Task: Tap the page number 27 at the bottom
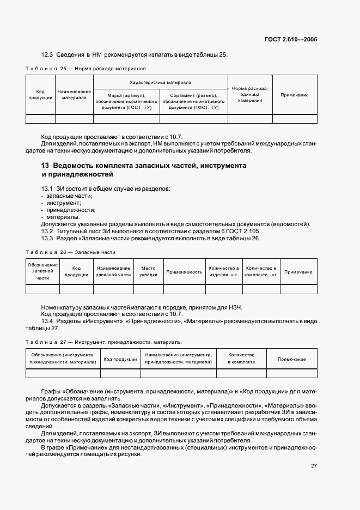[314, 466]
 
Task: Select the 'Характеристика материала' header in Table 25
[161, 82]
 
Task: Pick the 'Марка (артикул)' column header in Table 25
[126, 101]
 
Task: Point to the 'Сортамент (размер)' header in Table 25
[193, 101]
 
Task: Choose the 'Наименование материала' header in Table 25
[74, 95]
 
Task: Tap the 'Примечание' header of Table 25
[294, 95]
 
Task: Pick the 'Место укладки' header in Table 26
[148, 271]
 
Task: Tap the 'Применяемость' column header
[184, 271]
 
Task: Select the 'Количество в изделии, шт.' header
[224, 271]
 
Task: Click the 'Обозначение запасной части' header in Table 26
[42, 271]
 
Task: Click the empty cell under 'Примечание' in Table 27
[291, 373]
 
